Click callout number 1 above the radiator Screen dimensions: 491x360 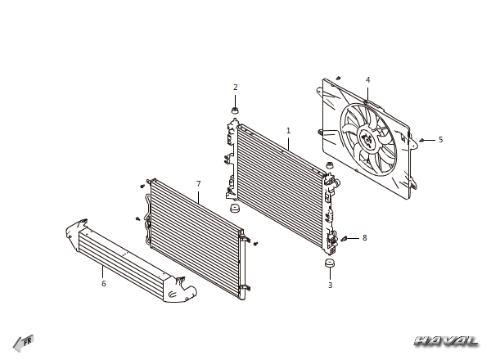tap(288, 131)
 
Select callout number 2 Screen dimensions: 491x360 tap(236, 88)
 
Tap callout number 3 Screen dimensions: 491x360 tap(330, 286)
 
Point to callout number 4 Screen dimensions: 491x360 tap(368, 80)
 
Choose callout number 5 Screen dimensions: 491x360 tap(441, 140)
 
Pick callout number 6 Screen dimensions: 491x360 tap(104, 284)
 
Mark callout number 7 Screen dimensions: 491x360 tap(199, 184)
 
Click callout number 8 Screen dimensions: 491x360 tap(364, 238)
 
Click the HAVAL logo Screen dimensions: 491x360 tap(447, 341)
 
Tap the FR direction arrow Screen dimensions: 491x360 tap(23, 343)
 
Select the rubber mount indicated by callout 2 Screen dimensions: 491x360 tap(235, 110)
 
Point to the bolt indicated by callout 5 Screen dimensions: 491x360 tap(421, 140)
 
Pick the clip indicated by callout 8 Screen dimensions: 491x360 tap(345, 239)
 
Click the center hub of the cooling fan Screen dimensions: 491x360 tap(367, 139)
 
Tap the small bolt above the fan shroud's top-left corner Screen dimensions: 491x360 tap(338, 78)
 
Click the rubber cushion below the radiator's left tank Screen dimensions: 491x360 tap(235, 208)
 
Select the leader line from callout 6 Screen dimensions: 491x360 tap(102, 272)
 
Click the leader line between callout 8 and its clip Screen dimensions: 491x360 tap(354, 238)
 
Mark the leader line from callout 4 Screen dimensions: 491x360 tap(368, 93)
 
